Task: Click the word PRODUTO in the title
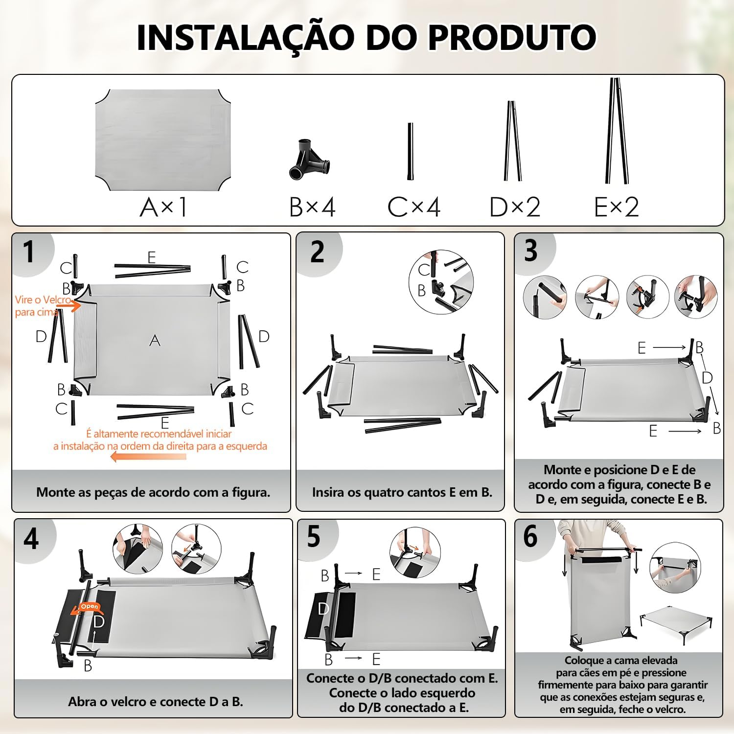[512, 37]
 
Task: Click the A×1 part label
[163, 207]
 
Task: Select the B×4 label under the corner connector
[312, 207]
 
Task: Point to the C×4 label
[414, 207]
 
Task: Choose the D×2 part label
[515, 207]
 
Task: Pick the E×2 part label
[617, 207]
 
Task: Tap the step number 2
[318, 252]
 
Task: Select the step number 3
[531, 251]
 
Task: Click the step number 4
[31, 538]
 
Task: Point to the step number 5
[314, 537]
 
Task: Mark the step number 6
[530, 537]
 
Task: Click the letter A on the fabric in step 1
[155, 341]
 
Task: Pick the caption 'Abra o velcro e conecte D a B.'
[156, 702]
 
